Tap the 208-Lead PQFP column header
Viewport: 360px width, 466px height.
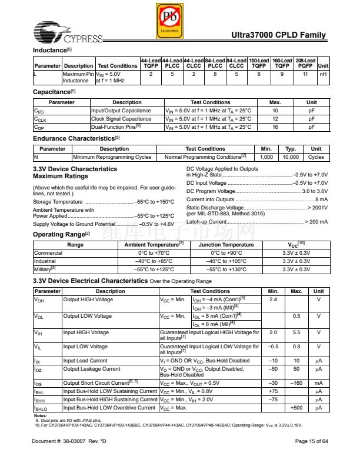(305, 63)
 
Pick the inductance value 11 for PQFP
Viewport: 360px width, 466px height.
(305, 75)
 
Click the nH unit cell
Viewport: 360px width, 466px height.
(322, 75)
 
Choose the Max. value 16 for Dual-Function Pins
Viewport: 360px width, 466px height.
(275, 127)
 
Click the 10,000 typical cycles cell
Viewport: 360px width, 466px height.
(291, 157)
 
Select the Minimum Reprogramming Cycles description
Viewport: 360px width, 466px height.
(112, 157)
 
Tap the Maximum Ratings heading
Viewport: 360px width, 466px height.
(61, 177)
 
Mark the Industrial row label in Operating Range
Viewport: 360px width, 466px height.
(45, 261)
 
